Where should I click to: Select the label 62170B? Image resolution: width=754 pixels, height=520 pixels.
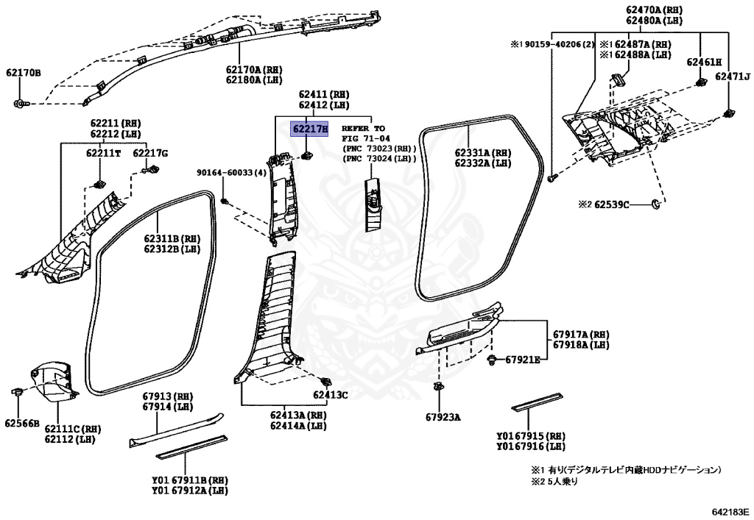[x=24, y=73]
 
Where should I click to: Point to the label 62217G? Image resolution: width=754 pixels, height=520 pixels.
[x=150, y=153]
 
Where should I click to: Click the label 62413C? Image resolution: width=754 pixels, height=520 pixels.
[x=330, y=395]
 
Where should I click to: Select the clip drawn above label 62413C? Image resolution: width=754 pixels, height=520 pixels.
[x=325, y=380]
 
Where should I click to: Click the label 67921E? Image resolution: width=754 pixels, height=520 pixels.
[x=523, y=360]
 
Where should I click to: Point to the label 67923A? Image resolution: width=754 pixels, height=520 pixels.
[x=442, y=417]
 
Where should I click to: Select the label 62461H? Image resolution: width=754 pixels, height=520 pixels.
[x=704, y=63]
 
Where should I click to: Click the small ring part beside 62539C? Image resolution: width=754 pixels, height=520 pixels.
[x=657, y=203]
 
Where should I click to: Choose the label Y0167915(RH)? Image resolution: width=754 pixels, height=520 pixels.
[x=531, y=435]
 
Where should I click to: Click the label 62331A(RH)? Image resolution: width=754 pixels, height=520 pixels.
[x=484, y=152]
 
